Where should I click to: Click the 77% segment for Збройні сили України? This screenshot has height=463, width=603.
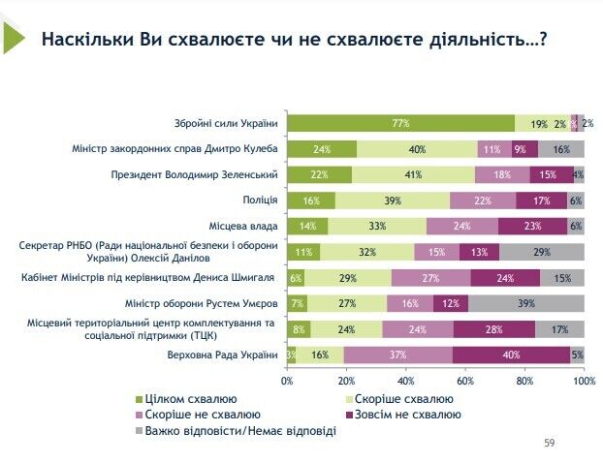click(x=401, y=123)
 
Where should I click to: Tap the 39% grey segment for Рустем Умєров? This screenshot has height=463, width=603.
click(x=525, y=303)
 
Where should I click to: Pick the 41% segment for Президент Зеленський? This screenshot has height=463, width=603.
click(x=413, y=174)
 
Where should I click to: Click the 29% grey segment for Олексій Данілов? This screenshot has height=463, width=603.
click(x=541, y=252)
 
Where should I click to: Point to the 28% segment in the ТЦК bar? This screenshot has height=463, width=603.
click(x=493, y=328)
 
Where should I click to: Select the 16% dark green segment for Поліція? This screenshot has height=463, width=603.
click(x=310, y=201)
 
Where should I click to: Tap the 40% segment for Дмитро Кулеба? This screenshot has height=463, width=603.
click(x=417, y=149)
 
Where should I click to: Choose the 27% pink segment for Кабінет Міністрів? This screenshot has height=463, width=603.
click(x=429, y=277)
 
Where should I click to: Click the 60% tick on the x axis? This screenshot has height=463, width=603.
click(x=465, y=381)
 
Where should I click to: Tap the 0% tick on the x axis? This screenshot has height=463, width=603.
click(x=287, y=381)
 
